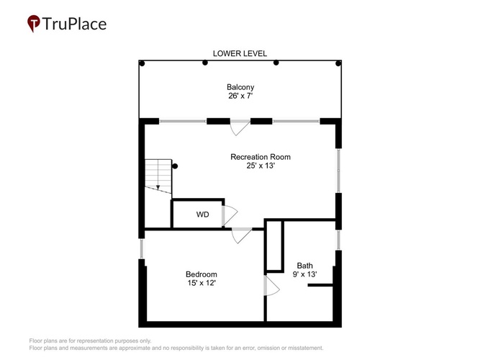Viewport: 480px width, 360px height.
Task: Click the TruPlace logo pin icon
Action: (34, 23)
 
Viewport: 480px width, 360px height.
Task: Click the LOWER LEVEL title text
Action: (240, 53)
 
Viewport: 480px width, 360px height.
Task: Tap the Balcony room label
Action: (240, 87)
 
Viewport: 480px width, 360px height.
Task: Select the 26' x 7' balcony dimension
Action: (240, 96)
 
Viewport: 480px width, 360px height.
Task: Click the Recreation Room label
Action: (261, 157)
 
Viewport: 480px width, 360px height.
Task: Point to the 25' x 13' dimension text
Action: (261, 166)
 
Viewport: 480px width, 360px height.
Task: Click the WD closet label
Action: (203, 215)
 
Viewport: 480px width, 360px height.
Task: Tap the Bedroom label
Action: (201, 274)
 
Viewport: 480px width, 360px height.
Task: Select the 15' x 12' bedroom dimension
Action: (201, 283)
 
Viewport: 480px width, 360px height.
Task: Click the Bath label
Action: (304, 266)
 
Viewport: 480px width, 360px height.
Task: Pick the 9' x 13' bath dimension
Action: (304, 274)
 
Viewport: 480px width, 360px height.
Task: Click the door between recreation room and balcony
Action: (240, 127)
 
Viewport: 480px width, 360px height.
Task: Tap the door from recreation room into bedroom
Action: (242, 235)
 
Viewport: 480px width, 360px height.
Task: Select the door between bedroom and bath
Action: (271, 286)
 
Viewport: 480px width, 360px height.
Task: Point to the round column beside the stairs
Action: (175, 166)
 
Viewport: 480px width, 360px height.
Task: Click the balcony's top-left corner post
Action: (142, 63)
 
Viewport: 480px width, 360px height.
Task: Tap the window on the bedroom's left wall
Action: (142, 249)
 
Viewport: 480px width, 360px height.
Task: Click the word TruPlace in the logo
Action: (74, 24)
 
